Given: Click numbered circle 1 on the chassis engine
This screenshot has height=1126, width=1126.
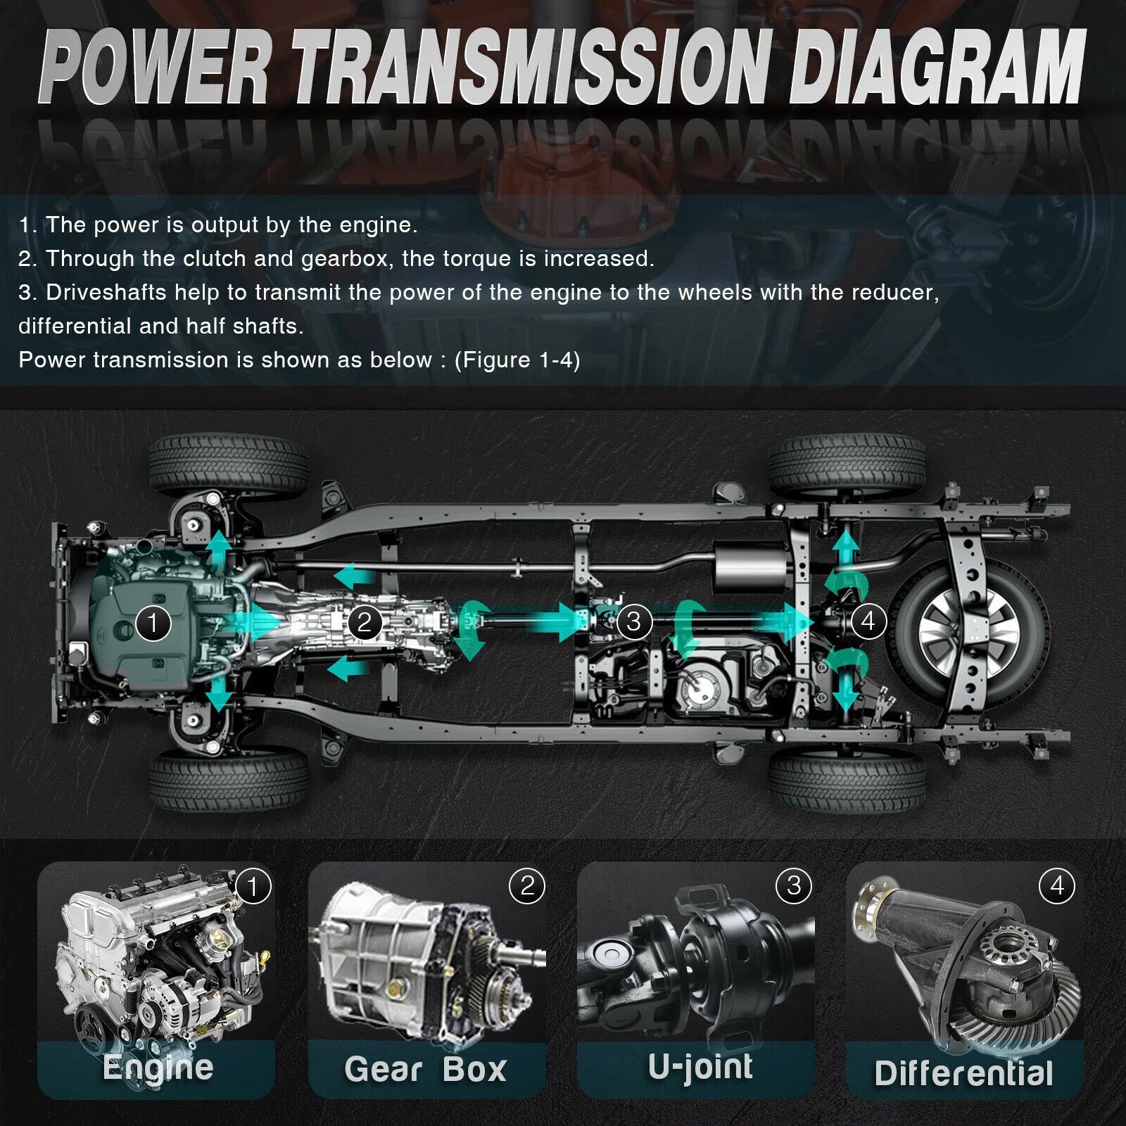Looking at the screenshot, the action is (153, 623).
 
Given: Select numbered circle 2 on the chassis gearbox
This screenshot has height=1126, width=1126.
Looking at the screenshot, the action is (364, 622).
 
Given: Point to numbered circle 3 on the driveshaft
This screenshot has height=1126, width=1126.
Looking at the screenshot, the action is (634, 621).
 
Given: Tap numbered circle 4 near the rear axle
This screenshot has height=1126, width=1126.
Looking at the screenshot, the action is (868, 621).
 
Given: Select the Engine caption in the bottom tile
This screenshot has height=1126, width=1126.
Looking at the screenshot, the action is (158, 1068).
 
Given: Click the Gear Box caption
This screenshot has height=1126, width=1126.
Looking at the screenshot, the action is (425, 1070).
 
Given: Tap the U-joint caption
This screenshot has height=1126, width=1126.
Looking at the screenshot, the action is (700, 1067).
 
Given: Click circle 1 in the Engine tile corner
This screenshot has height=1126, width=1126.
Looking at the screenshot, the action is (253, 887).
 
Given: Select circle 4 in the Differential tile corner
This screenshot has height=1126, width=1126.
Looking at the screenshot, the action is (1057, 885).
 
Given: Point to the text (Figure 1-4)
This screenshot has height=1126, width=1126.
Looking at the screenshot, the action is (517, 360).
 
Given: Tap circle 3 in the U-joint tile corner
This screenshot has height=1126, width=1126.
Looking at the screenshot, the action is (794, 886).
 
